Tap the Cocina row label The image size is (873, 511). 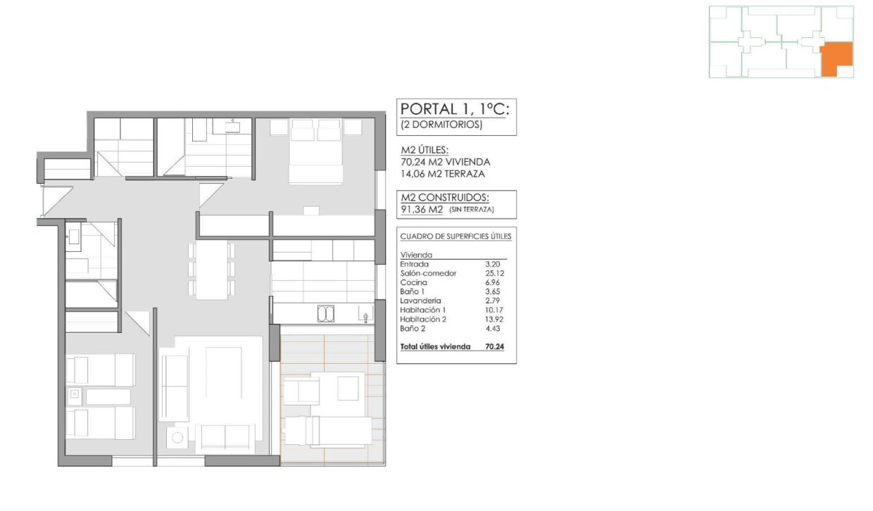pyautogui.click(x=414, y=282)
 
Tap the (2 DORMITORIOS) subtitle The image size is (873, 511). pyautogui.click(x=441, y=125)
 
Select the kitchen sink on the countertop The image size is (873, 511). pyautogui.click(x=326, y=313)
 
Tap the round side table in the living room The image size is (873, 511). pyautogui.click(x=177, y=439)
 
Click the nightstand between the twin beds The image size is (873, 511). pyautogui.click(x=74, y=396)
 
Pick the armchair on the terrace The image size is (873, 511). pyautogui.click(x=300, y=389)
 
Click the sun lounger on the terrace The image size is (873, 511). pyautogui.click(x=327, y=430)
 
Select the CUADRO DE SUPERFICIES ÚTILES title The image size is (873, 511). pyautogui.click(x=456, y=236)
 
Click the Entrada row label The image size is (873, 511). pyautogui.click(x=414, y=264)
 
